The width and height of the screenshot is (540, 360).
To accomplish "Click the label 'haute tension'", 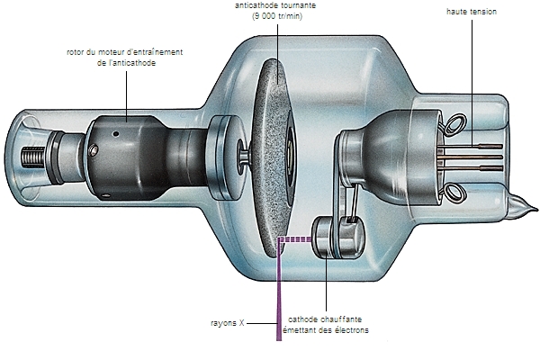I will (471, 11).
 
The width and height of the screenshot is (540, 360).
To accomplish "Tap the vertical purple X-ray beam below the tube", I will (278, 297).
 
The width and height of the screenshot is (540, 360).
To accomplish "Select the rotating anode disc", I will (270, 153).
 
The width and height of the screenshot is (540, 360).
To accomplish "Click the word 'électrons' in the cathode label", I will (346, 330).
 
